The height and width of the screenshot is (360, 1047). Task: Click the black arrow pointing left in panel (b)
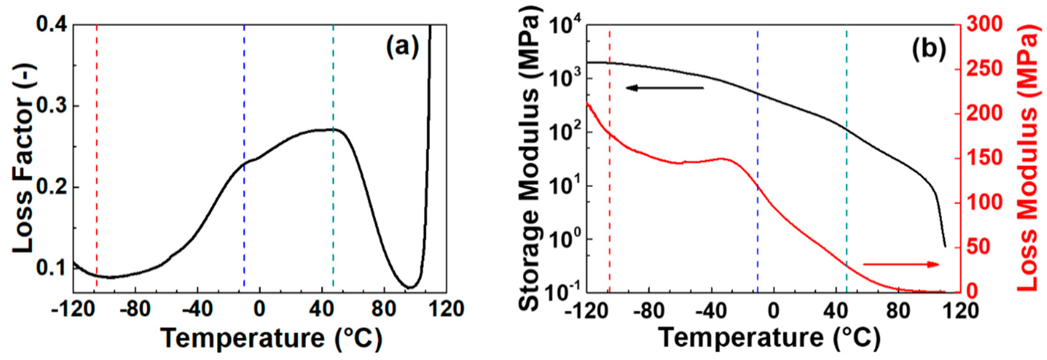(664, 88)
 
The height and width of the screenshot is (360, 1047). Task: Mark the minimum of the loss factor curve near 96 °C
(411, 287)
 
